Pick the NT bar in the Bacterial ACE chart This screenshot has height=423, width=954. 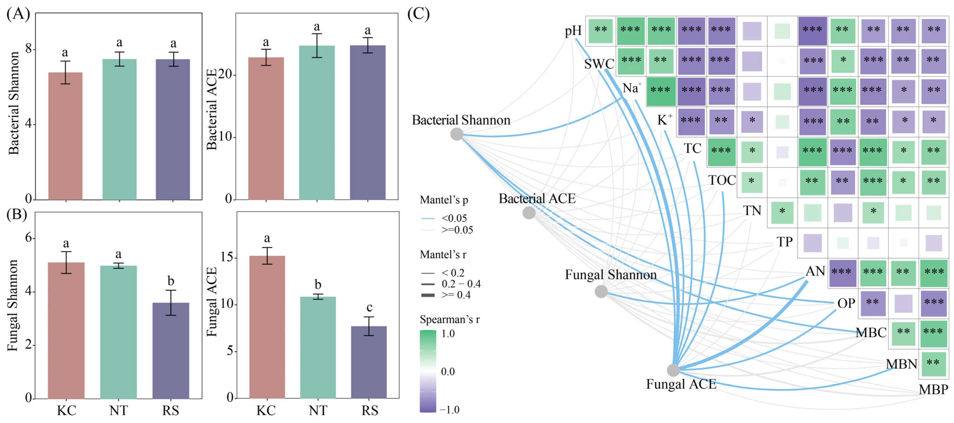tap(317, 122)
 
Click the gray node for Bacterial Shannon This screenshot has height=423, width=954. tap(457, 134)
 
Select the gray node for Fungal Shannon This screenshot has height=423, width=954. tap(601, 291)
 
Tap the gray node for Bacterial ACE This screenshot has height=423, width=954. tap(529, 213)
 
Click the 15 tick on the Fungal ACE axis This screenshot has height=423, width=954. tap(227, 257)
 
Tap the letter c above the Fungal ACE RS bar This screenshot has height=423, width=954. tap(369, 307)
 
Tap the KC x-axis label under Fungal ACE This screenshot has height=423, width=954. tap(266, 410)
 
